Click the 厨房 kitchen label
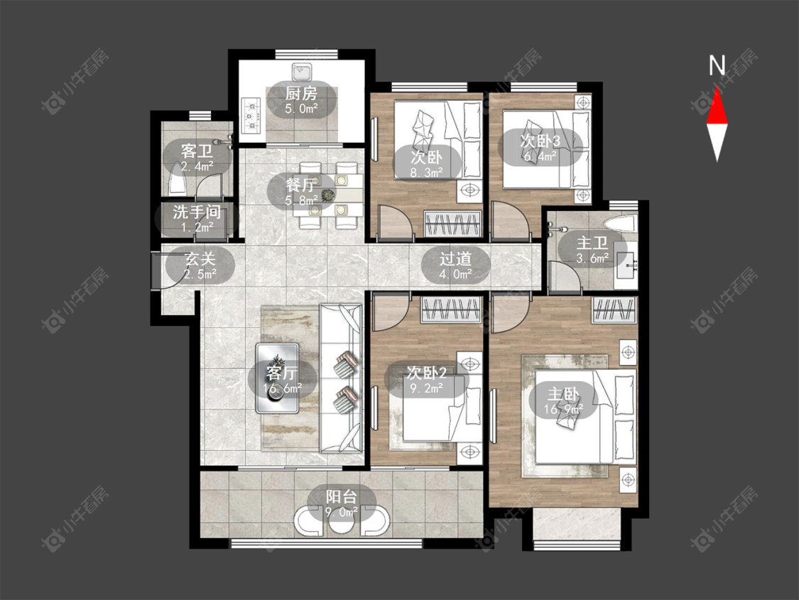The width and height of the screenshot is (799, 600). coord(301,94)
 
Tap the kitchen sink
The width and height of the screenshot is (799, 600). coord(302,71)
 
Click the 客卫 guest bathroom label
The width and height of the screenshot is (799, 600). coord(197,151)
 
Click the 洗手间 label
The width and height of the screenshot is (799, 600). coord(197,213)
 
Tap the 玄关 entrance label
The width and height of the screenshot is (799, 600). coord(200,259)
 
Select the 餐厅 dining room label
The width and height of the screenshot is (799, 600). coord(302,185)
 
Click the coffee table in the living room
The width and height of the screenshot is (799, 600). coord(277,378)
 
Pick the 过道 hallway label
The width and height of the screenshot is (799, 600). coord(455,259)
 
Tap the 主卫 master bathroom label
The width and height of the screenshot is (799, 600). coord(592,243)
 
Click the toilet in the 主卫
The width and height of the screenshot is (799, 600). coord(619,223)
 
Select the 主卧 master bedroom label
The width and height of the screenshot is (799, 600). coord(563,394)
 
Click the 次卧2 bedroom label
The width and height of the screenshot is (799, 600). coord(427,373)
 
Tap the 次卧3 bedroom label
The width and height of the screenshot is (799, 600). coord(540,141)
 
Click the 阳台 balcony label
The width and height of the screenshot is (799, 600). coord(342,496)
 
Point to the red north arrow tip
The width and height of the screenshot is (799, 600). coord(717,87)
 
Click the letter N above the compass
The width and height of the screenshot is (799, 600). coord(717,66)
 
